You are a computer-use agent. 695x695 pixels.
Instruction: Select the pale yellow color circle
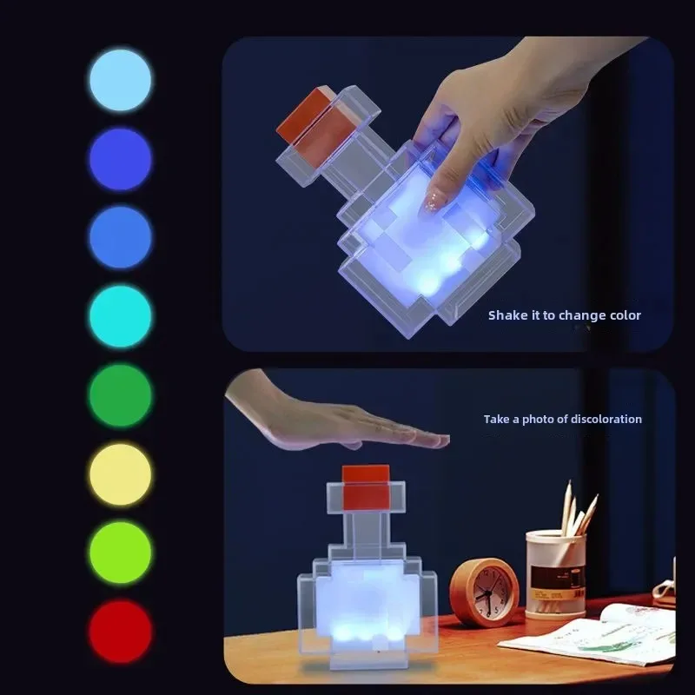pos(120,474)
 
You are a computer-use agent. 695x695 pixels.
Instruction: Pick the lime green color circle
pos(120,553)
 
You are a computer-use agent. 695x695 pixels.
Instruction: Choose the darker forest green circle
pos(120,395)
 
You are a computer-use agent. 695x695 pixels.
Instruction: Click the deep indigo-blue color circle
pos(120,160)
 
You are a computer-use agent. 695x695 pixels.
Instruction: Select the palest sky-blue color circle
pos(120,81)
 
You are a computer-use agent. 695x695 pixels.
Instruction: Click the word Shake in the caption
pos(506,315)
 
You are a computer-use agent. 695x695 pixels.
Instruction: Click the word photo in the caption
pos(538,420)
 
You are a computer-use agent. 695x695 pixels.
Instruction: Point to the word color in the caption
pos(625,315)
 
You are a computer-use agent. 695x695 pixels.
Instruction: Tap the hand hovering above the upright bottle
pos(339,417)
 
